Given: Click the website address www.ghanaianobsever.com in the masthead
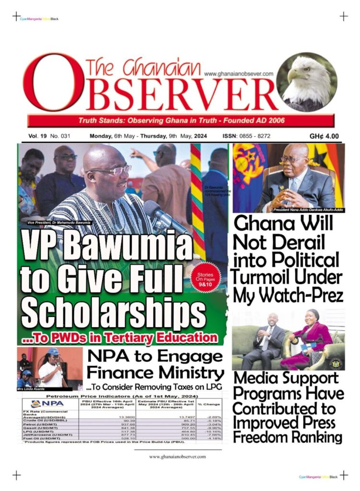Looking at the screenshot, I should click(238, 74).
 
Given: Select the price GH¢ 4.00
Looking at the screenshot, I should click(324, 136).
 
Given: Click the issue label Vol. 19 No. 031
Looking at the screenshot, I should click(49, 136).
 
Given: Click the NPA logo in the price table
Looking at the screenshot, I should click(48, 404).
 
